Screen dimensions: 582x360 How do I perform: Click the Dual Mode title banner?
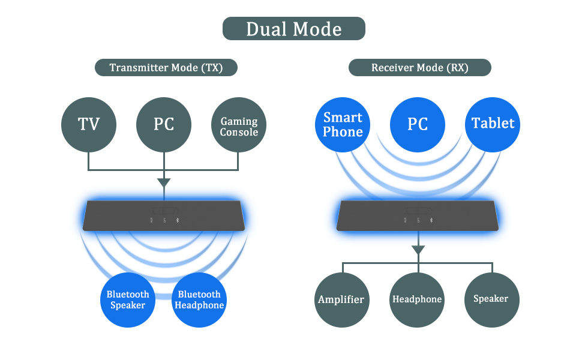(293, 29)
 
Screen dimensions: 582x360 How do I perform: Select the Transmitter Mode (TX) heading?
(166, 68)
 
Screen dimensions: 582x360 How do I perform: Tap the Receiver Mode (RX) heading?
(420, 68)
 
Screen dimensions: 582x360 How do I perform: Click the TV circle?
(89, 125)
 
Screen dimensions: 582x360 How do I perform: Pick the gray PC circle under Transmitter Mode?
(164, 125)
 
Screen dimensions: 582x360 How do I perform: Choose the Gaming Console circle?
(239, 125)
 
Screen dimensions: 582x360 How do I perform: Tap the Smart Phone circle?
(343, 125)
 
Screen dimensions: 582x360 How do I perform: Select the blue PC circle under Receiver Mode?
(418, 125)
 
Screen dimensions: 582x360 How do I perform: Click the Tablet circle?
(493, 125)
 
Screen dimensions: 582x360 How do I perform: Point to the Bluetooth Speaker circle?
(128, 300)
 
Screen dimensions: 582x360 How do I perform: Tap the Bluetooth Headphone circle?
(199, 300)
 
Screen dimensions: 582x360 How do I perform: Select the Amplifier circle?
(342, 300)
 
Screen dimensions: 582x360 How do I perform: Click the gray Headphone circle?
(417, 300)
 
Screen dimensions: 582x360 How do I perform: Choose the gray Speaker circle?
(492, 300)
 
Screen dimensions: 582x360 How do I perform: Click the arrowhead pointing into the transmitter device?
(164, 182)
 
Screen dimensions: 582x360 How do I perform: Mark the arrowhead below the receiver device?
(418, 250)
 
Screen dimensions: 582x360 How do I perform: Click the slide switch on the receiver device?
(418, 211)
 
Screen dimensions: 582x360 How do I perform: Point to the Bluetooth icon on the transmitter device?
(178, 220)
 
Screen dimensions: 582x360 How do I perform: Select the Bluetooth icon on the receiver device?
(431, 220)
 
